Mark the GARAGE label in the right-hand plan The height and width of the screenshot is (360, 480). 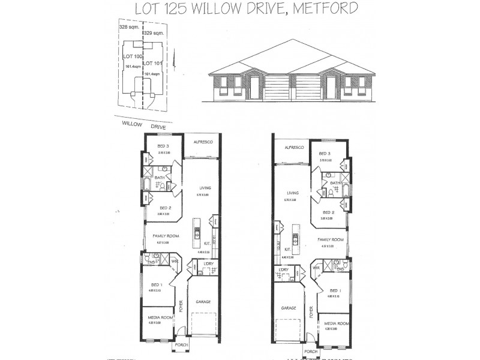click(x=289, y=308)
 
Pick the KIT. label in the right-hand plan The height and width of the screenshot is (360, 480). click(x=287, y=248)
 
